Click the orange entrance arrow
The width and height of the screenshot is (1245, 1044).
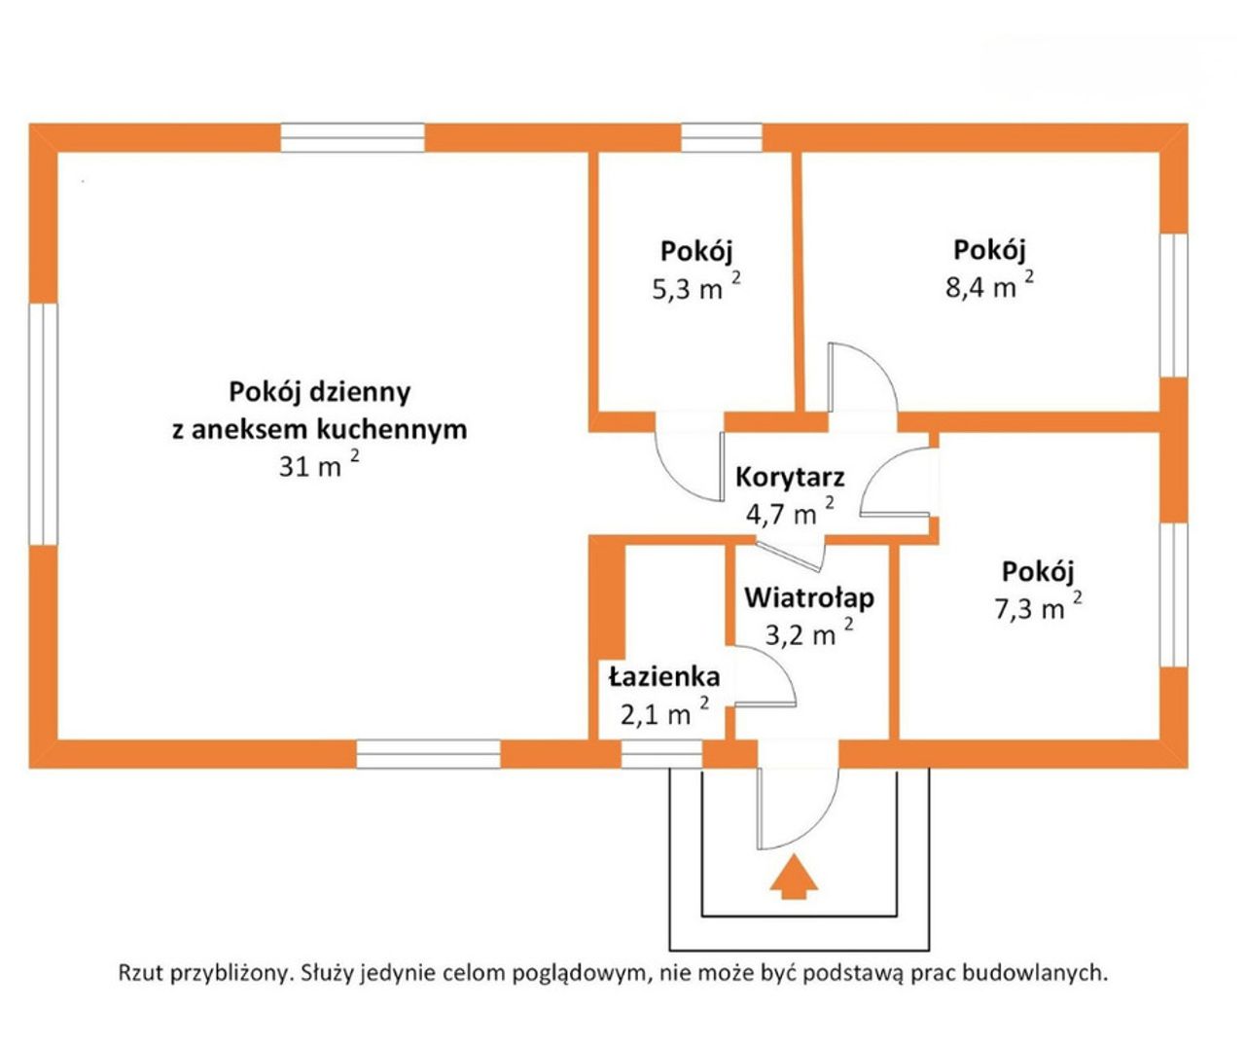tap(794, 877)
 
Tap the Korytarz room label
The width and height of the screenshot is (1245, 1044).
tap(790, 478)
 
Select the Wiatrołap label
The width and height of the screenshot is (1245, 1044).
tap(809, 597)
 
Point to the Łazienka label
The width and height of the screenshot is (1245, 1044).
tap(663, 676)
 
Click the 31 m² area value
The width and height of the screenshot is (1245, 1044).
tap(320, 465)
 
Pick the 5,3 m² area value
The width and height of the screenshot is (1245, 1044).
tap(697, 288)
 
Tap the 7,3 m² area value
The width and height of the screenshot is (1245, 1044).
tap(1038, 607)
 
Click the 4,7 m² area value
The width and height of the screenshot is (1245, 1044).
tap(790, 513)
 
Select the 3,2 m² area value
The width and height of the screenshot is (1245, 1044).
tap(809, 633)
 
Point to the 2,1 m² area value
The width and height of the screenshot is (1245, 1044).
tap(665, 712)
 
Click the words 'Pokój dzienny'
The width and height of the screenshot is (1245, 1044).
tap(320, 393)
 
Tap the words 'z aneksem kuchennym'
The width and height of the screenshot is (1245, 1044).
tap(320, 429)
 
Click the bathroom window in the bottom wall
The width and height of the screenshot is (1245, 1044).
tap(661, 754)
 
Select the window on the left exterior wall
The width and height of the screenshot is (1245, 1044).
tap(44, 424)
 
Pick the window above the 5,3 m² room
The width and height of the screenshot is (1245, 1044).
tap(722, 138)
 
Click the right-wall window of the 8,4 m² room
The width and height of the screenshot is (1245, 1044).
tap(1173, 305)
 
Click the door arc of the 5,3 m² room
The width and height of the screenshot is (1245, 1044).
tap(680, 478)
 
